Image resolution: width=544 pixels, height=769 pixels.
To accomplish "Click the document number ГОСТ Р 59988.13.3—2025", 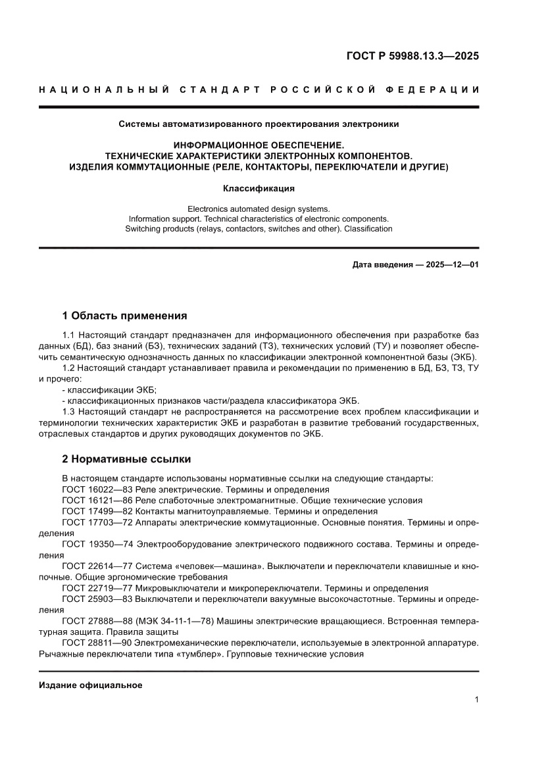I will click(412, 56).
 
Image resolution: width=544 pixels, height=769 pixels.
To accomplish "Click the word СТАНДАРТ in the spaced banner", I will click(214, 89).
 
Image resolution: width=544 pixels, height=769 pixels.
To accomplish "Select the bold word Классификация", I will click(259, 188).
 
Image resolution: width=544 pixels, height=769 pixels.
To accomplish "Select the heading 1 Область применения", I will click(124, 315).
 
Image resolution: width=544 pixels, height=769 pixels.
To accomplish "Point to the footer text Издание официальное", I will click(91, 685).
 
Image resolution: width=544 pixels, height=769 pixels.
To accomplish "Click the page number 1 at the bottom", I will click(476, 700).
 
